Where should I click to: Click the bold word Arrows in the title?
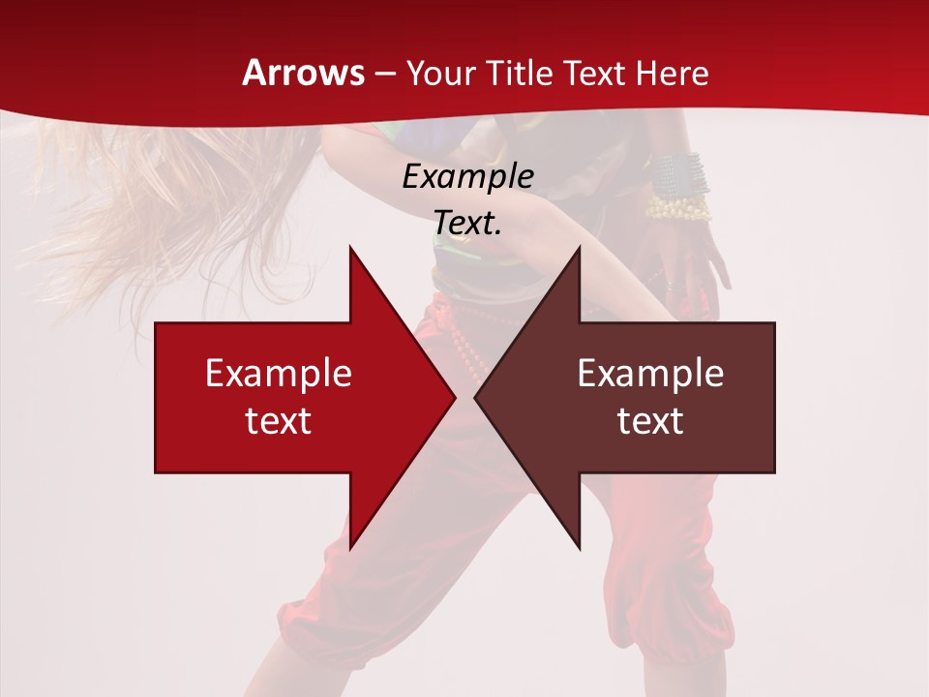pos(304,73)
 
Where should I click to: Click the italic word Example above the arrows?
pos(468,177)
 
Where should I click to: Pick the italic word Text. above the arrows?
pos(468,223)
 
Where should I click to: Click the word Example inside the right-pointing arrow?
pos(279,374)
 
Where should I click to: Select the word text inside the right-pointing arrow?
pos(279,420)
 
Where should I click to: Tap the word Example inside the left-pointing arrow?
pos(650,374)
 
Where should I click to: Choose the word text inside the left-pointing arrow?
pos(650,420)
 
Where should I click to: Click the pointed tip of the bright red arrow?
pos(455,397)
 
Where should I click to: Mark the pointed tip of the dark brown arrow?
pos(475,397)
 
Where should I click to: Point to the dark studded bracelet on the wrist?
pos(677,174)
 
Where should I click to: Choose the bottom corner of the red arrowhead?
pos(350,549)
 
